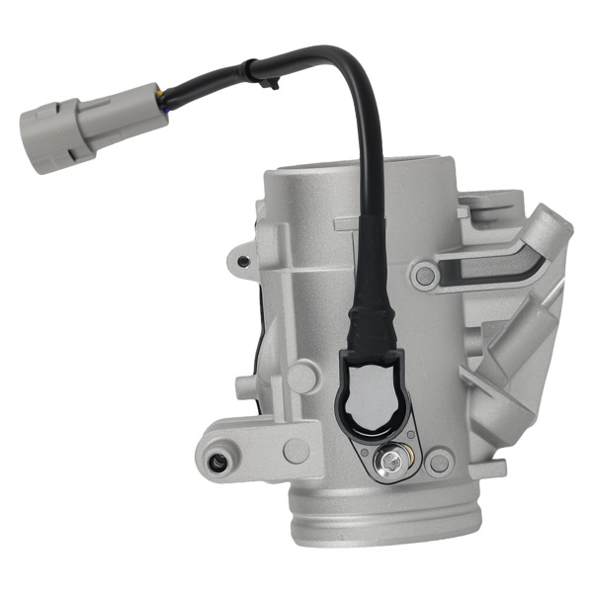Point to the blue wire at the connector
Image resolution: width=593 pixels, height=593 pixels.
click(163, 105)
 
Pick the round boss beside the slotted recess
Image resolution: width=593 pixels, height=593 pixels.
click(425, 275)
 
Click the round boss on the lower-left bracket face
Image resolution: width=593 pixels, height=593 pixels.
click(296, 450)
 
